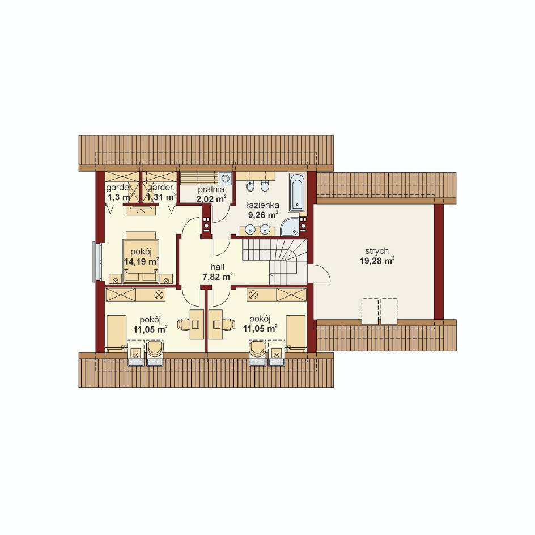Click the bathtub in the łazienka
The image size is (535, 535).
coord(297,193)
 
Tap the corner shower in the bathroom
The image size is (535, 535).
coord(290,227)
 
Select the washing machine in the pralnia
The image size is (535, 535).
coord(225,178)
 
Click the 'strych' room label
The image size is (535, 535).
coord(377,251)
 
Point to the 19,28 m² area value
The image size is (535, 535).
coord(377,261)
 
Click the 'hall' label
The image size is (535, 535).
coord(218,267)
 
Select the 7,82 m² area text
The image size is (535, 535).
coord(218,277)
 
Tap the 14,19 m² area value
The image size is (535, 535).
coord(141,262)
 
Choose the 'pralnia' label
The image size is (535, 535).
coord(211,189)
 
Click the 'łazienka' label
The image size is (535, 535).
coord(263,205)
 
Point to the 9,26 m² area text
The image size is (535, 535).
coord(263,215)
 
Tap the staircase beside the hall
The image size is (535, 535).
coord(275,261)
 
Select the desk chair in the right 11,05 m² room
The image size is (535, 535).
coord(228,324)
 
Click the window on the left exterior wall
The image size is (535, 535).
coord(97,262)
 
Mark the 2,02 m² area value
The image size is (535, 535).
coord(211,199)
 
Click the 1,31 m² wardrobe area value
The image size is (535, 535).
coord(162,197)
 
